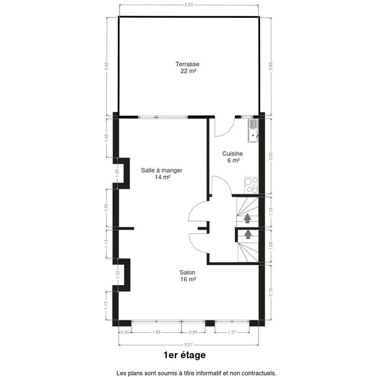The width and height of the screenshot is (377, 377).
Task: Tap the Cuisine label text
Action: [x=232, y=153]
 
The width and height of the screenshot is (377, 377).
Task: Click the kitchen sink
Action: [x=253, y=131]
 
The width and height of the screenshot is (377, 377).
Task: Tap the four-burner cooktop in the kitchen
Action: [x=251, y=185]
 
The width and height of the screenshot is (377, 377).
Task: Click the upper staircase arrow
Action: [x=248, y=219]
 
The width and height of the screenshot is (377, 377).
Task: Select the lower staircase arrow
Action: [x=248, y=234]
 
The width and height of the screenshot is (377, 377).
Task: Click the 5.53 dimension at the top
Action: [x=189, y=5]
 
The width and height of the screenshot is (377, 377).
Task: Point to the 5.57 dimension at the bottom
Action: [x=188, y=345]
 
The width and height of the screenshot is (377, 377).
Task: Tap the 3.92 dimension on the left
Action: [x=107, y=66]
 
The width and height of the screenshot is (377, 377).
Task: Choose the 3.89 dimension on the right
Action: [x=271, y=66]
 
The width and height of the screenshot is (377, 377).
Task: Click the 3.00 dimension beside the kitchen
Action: [x=271, y=156]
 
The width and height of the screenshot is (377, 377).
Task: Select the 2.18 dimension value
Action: [x=271, y=292]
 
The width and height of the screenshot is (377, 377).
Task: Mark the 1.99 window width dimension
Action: [x=156, y=332]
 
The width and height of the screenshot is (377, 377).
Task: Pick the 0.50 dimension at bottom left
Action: [x=125, y=332]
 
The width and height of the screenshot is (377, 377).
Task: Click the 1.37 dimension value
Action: [x=232, y=332]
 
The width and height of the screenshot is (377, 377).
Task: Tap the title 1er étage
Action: [x=184, y=355]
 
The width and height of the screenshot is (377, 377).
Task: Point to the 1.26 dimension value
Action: [x=117, y=173]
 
